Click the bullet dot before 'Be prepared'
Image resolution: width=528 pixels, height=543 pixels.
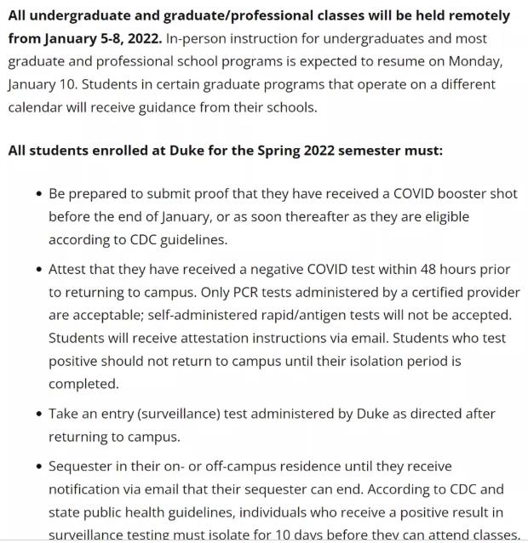pyautogui.click(x=39, y=194)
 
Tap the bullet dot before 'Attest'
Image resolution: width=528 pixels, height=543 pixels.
pyautogui.click(x=39, y=269)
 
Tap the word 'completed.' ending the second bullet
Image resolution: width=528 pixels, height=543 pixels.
pyautogui.click(x=83, y=384)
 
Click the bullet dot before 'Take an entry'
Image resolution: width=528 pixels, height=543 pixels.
pyautogui.click(x=39, y=414)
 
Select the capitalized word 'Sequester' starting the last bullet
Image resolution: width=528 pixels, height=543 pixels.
pyautogui.click(x=81, y=466)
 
